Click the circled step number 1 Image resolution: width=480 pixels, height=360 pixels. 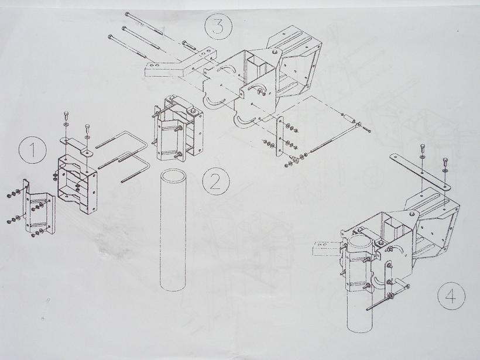click(x=33, y=150)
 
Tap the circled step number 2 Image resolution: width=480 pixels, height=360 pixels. click(x=216, y=182)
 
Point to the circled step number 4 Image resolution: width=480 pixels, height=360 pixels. click(x=451, y=296)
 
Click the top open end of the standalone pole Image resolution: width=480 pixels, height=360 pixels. click(x=173, y=177)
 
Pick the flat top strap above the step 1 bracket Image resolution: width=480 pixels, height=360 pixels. click(x=76, y=146)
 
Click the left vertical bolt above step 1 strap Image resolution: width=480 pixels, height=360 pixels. click(x=66, y=117)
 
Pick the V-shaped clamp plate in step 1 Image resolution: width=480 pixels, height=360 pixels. click(x=38, y=208)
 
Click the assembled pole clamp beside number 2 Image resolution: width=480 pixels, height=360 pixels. click(x=177, y=129)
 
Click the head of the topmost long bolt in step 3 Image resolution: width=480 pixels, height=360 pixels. click(x=127, y=14)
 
